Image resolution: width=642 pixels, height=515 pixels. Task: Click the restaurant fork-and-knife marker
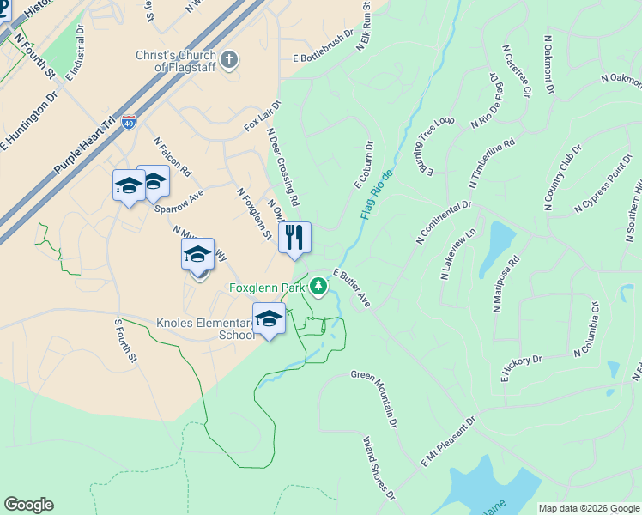pyautogui.click(x=294, y=238)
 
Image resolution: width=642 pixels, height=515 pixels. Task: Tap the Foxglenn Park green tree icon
pyautogui.click(x=319, y=286)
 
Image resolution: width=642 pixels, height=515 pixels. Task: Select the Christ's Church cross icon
pyautogui.click(x=228, y=59)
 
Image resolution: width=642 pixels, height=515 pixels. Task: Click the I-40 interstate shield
pyautogui.click(x=129, y=123)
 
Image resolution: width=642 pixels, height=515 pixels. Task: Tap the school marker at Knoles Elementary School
pyautogui.click(x=269, y=318)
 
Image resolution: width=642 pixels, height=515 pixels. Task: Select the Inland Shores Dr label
pyautogui.click(x=379, y=469)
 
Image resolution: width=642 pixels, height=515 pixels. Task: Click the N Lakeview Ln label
pyautogui.click(x=457, y=254)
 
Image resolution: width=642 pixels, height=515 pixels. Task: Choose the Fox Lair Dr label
pyautogui.click(x=262, y=115)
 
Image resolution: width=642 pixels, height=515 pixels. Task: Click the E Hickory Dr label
pyautogui.click(x=521, y=368)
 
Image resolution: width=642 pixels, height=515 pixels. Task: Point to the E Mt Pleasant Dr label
pyautogui.click(x=447, y=443)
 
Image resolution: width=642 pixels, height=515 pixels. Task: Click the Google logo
pyautogui.click(x=28, y=505)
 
